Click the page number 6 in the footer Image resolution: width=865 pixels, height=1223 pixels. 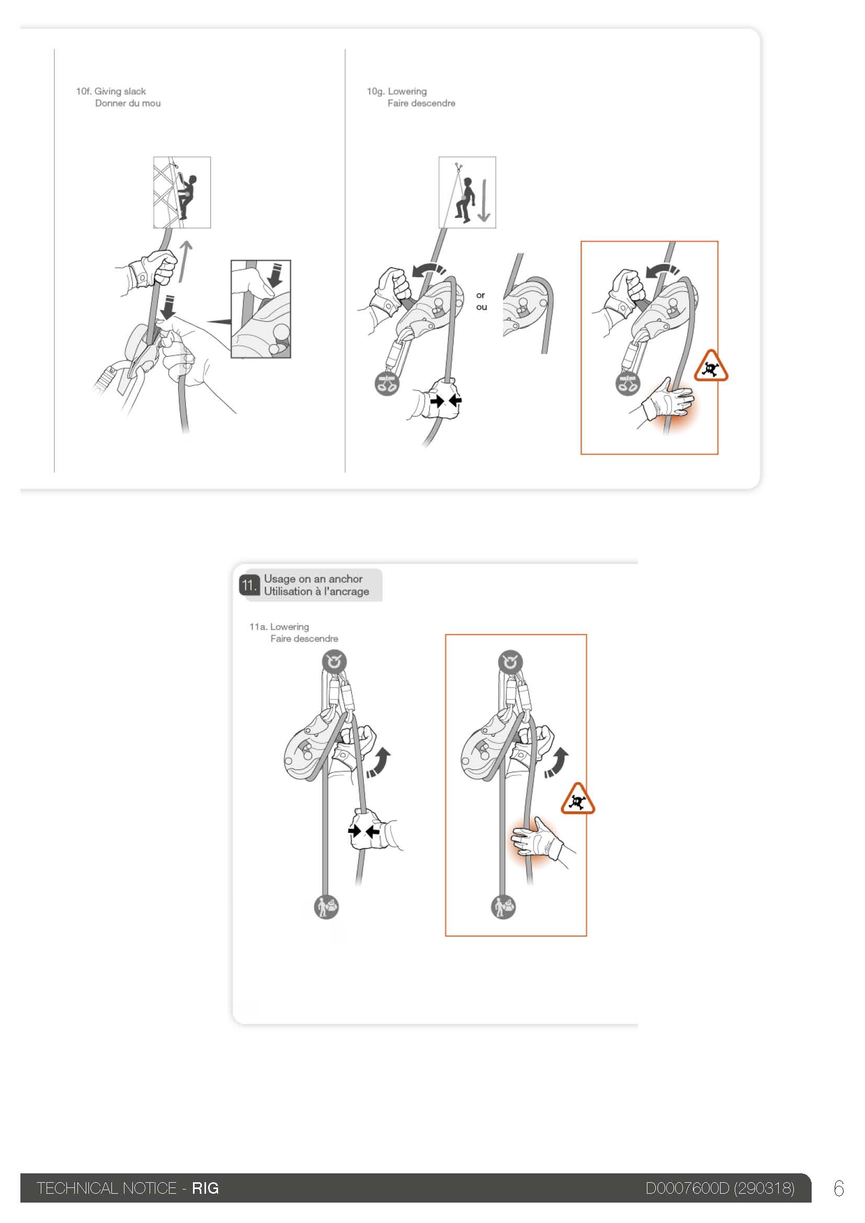[839, 1188]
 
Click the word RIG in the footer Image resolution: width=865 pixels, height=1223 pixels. [206, 1188]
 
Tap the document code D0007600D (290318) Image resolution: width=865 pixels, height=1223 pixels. [720, 1188]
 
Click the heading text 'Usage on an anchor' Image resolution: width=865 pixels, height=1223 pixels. [313, 578]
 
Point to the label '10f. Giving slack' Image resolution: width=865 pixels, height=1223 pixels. [111, 92]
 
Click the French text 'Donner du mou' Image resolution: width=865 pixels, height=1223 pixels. [128, 104]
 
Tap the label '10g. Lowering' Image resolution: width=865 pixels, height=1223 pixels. [397, 92]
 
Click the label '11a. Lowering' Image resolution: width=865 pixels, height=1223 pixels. [279, 627]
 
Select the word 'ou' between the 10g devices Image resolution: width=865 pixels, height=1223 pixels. [482, 307]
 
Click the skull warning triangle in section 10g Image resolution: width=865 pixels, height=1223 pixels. [711, 367]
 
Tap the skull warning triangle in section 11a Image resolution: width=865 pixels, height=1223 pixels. [577, 799]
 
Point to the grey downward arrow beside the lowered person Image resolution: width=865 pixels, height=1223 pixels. [484, 200]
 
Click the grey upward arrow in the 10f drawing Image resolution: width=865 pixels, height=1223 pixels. [185, 261]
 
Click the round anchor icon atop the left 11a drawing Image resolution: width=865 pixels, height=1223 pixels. [334, 662]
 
